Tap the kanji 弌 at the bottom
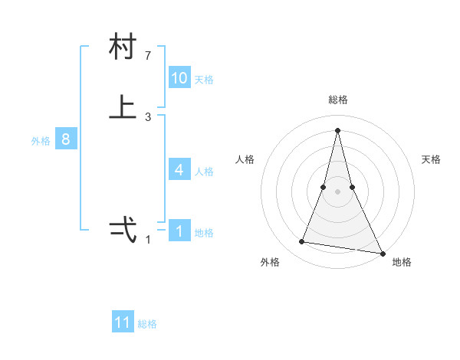[x=123, y=230]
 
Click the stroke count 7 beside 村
[x=148, y=55]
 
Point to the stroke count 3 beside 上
[x=148, y=116]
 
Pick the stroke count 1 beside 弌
[x=148, y=240]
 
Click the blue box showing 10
[x=179, y=78]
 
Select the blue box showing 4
[x=179, y=170]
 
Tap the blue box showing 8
[x=66, y=139]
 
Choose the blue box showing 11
[x=123, y=322]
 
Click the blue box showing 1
[x=179, y=231]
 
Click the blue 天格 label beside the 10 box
[x=204, y=80]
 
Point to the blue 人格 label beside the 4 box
[x=204, y=172]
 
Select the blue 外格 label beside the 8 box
[x=41, y=141]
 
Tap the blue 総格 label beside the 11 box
[x=147, y=324]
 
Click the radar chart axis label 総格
[x=337, y=100]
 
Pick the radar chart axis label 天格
[x=431, y=159]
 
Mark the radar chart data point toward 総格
[x=337, y=129]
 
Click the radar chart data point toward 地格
[x=382, y=252]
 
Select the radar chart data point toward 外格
[x=302, y=242]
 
